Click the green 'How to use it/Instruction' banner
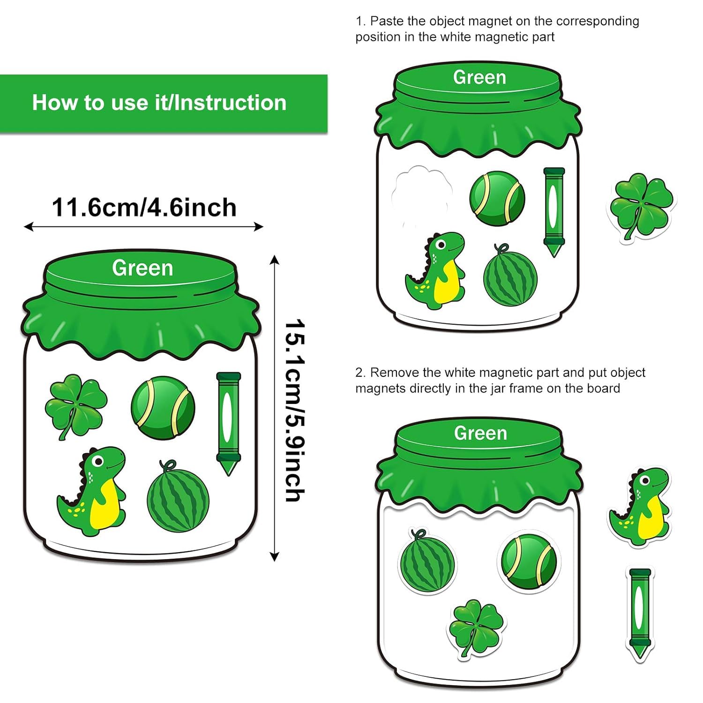click(x=164, y=104)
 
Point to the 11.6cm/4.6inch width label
click(x=144, y=208)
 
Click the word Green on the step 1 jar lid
click(x=479, y=77)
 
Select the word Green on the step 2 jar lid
click(x=480, y=434)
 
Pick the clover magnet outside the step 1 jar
click(x=642, y=207)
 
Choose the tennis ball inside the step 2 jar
click(x=528, y=561)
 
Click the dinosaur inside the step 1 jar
click(x=435, y=270)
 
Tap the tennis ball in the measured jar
click(x=163, y=407)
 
